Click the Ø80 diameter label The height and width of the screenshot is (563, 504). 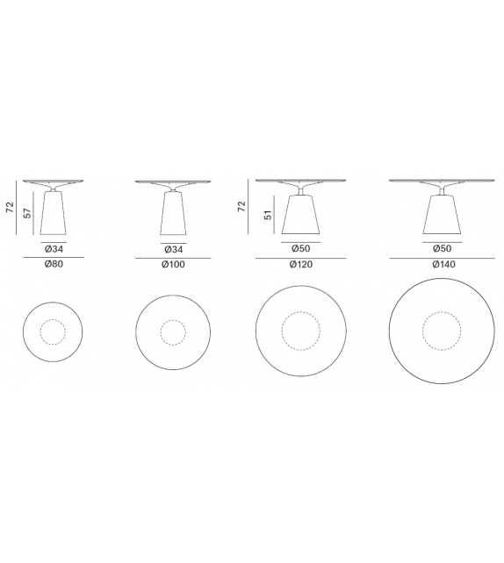54,264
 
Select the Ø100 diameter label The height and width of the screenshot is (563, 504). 173,264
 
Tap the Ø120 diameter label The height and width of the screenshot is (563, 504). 301,264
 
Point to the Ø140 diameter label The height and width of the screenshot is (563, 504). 443,264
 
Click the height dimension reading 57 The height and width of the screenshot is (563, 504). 28,212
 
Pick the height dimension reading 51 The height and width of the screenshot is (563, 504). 268,215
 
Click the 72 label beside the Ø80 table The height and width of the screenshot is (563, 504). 10,207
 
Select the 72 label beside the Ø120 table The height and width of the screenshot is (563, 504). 241,206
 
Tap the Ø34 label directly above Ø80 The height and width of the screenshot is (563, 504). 54,248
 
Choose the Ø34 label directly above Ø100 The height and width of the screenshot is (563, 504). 174,249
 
